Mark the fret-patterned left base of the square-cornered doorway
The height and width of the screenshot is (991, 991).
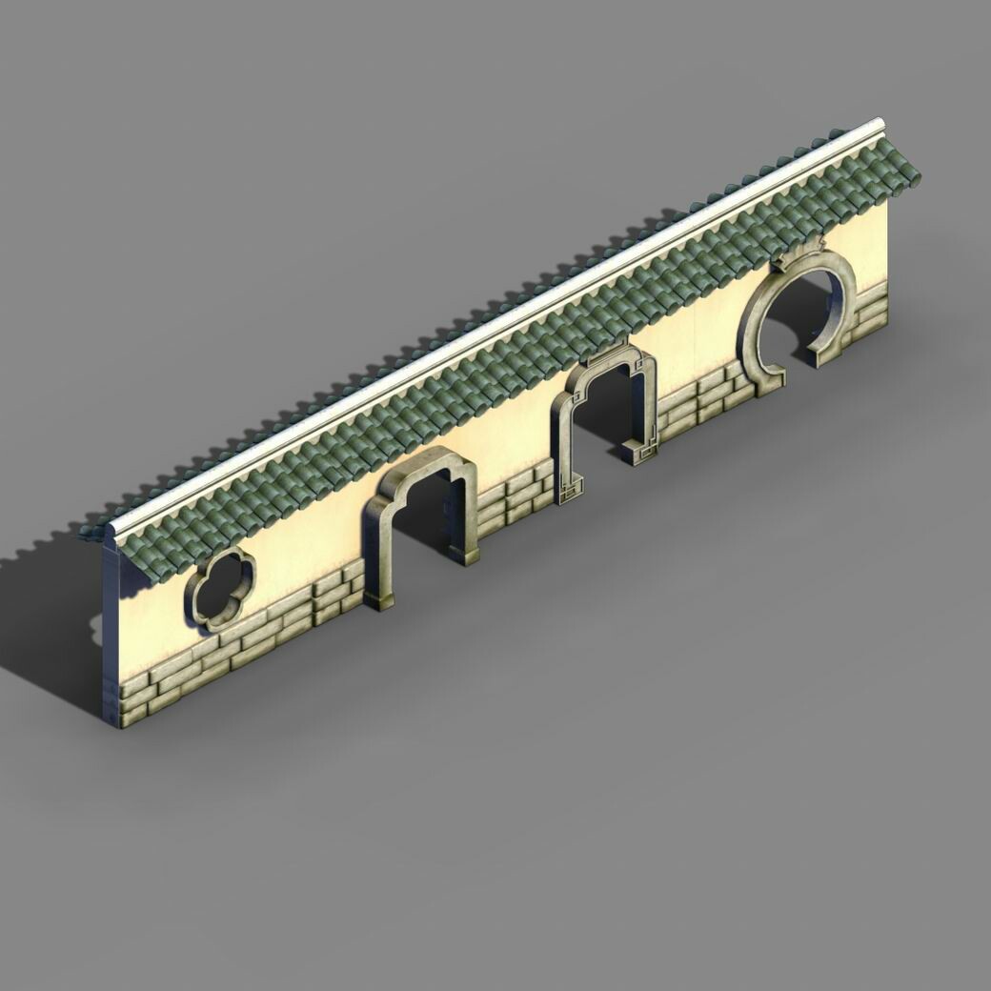click(569, 491)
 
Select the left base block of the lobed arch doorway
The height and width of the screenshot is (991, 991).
click(378, 598)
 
